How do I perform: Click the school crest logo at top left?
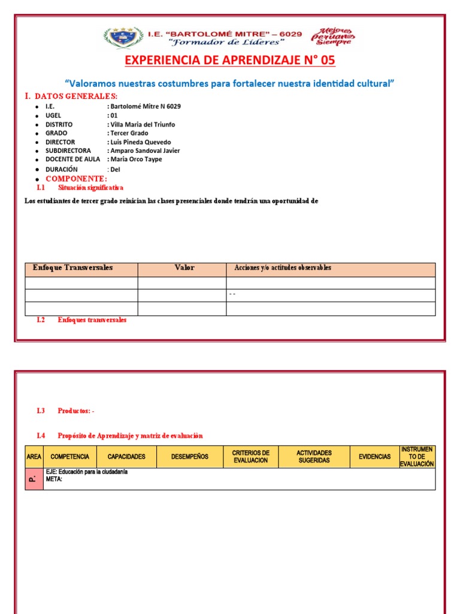coord(123,38)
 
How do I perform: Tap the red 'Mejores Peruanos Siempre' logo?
coord(333,36)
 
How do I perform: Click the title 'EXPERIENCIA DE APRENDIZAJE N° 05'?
coord(230,61)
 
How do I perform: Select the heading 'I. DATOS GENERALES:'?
coord(71,97)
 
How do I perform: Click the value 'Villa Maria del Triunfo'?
coord(142,124)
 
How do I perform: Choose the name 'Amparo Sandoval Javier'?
coord(144,151)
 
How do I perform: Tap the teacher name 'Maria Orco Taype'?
coord(136,159)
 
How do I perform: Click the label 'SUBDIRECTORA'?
coord(68,151)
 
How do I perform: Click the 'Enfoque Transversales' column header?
coord(72,268)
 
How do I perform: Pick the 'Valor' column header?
coord(184,268)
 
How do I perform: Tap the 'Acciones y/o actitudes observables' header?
coord(283,268)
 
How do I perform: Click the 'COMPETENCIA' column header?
coord(69,457)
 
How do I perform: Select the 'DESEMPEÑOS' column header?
coord(189,457)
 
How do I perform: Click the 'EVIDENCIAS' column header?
coord(374,457)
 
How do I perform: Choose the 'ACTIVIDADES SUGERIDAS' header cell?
coord(314,457)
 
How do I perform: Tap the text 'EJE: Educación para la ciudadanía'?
coord(87,472)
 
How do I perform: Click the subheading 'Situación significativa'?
coord(90,188)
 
